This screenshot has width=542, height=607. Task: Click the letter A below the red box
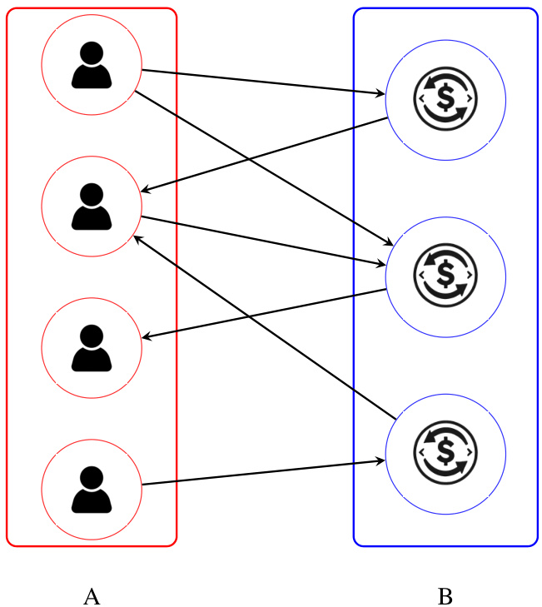pos(92,596)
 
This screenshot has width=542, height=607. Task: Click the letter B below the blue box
pos(445,596)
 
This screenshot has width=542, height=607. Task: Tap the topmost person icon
pos(92,66)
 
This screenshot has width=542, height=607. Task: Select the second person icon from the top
pos(92,206)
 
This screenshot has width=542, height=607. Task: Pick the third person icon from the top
pos(92,348)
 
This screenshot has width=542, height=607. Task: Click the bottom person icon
pos(92,490)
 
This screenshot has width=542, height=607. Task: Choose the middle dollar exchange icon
pos(445,276)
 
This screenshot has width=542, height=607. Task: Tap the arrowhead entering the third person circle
pos(147,337)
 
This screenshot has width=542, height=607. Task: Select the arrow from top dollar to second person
pos(266,155)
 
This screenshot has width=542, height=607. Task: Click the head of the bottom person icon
pos(92,477)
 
